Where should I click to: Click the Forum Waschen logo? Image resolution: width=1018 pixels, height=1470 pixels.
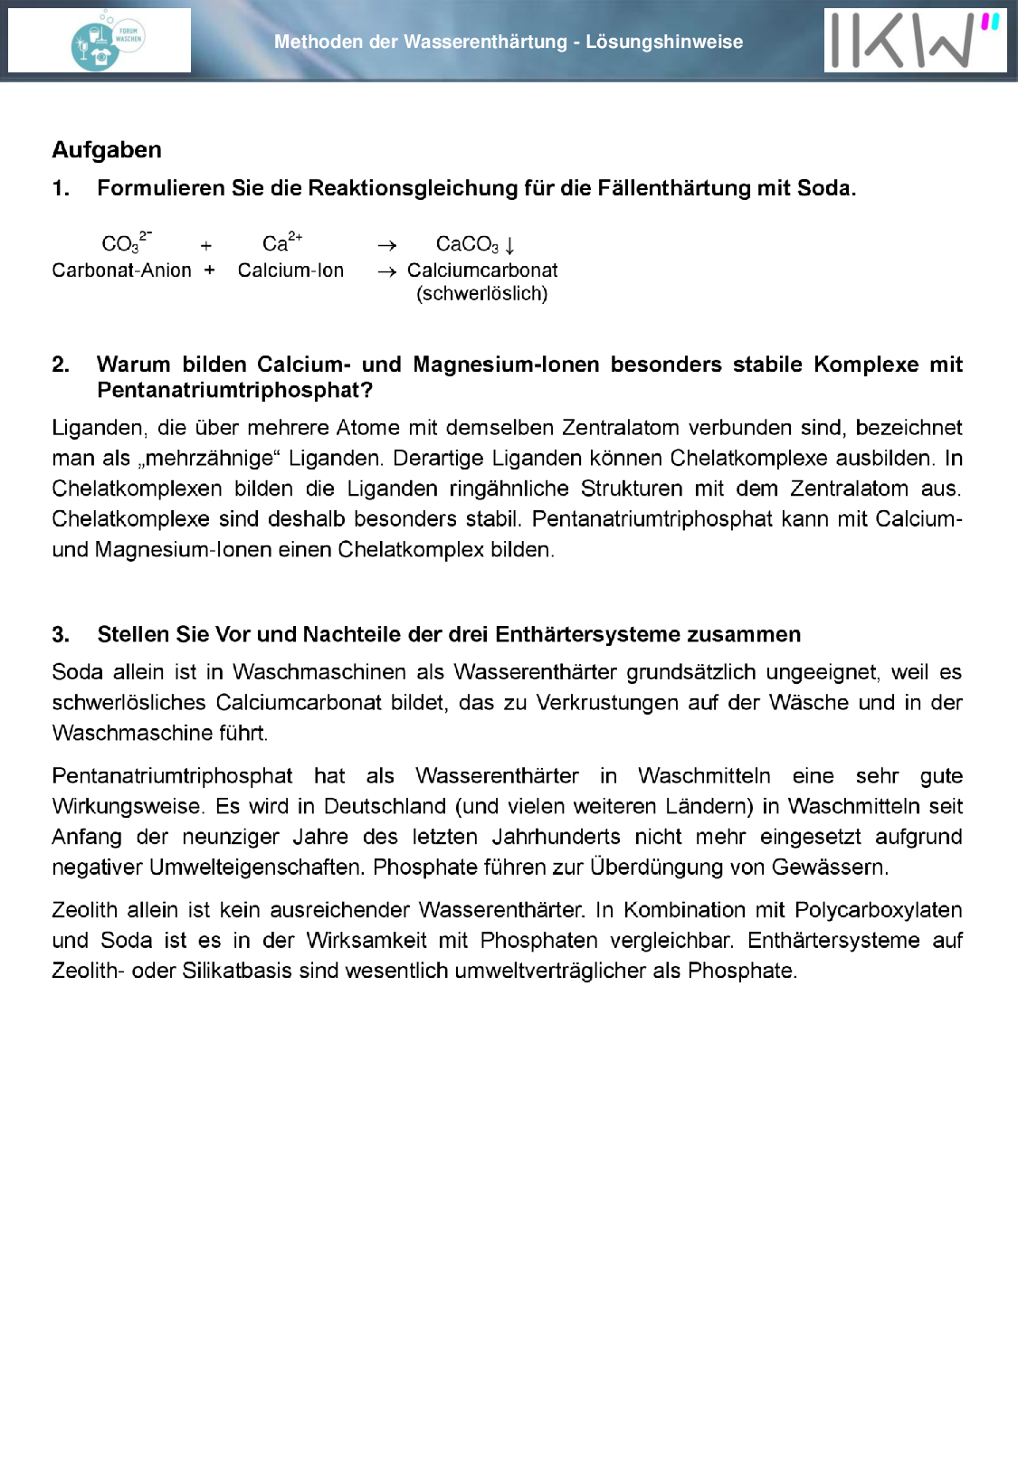(x=108, y=42)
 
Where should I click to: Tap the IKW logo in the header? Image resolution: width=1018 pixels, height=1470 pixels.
(x=914, y=41)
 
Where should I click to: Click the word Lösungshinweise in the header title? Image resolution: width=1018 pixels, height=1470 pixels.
(x=664, y=42)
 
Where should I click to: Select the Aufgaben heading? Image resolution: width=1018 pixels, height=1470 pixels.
(x=107, y=149)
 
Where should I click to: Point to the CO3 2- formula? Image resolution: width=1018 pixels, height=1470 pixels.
(x=126, y=243)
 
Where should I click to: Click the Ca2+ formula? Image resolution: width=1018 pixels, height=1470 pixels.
(x=281, y=243)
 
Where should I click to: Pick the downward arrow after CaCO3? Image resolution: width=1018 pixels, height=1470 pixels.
(x=510, y=245)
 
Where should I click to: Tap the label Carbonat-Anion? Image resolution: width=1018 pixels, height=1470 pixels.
(x=121, y=270)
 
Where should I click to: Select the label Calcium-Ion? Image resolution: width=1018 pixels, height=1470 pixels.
(x=290, y=270)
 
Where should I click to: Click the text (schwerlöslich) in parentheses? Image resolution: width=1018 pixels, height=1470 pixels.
(x=481, y=294)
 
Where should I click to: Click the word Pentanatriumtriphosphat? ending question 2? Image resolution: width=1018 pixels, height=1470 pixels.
(x=235, y=390)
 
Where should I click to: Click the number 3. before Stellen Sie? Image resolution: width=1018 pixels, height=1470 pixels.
(x=61, y=635)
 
